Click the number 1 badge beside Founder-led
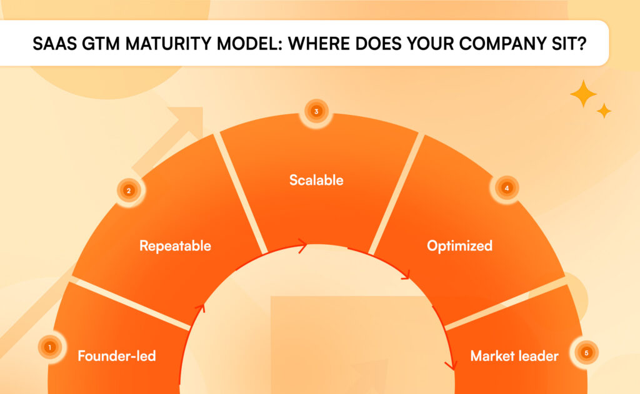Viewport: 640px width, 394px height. click(x=49, y=347)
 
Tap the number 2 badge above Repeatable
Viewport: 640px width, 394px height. click(x=129, y=191)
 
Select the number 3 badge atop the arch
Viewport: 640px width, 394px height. click(x=317, y=112)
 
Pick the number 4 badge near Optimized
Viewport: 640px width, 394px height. click(x=507, y=187)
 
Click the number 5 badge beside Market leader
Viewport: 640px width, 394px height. click(x=586, y=353)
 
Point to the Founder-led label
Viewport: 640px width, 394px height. click(x=116, y=357)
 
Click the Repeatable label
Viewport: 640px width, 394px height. click(x=175, y=246)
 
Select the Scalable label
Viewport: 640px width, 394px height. click(x=316, y=180)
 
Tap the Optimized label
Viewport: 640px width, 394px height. click(x=459, y=246)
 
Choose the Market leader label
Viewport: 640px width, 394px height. click(x=514, y=357)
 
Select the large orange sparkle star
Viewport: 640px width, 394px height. click(x=583, y=94)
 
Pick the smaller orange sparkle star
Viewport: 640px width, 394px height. click(x=604, y=111)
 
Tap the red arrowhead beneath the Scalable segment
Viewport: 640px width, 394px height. click(x=302, y=246)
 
